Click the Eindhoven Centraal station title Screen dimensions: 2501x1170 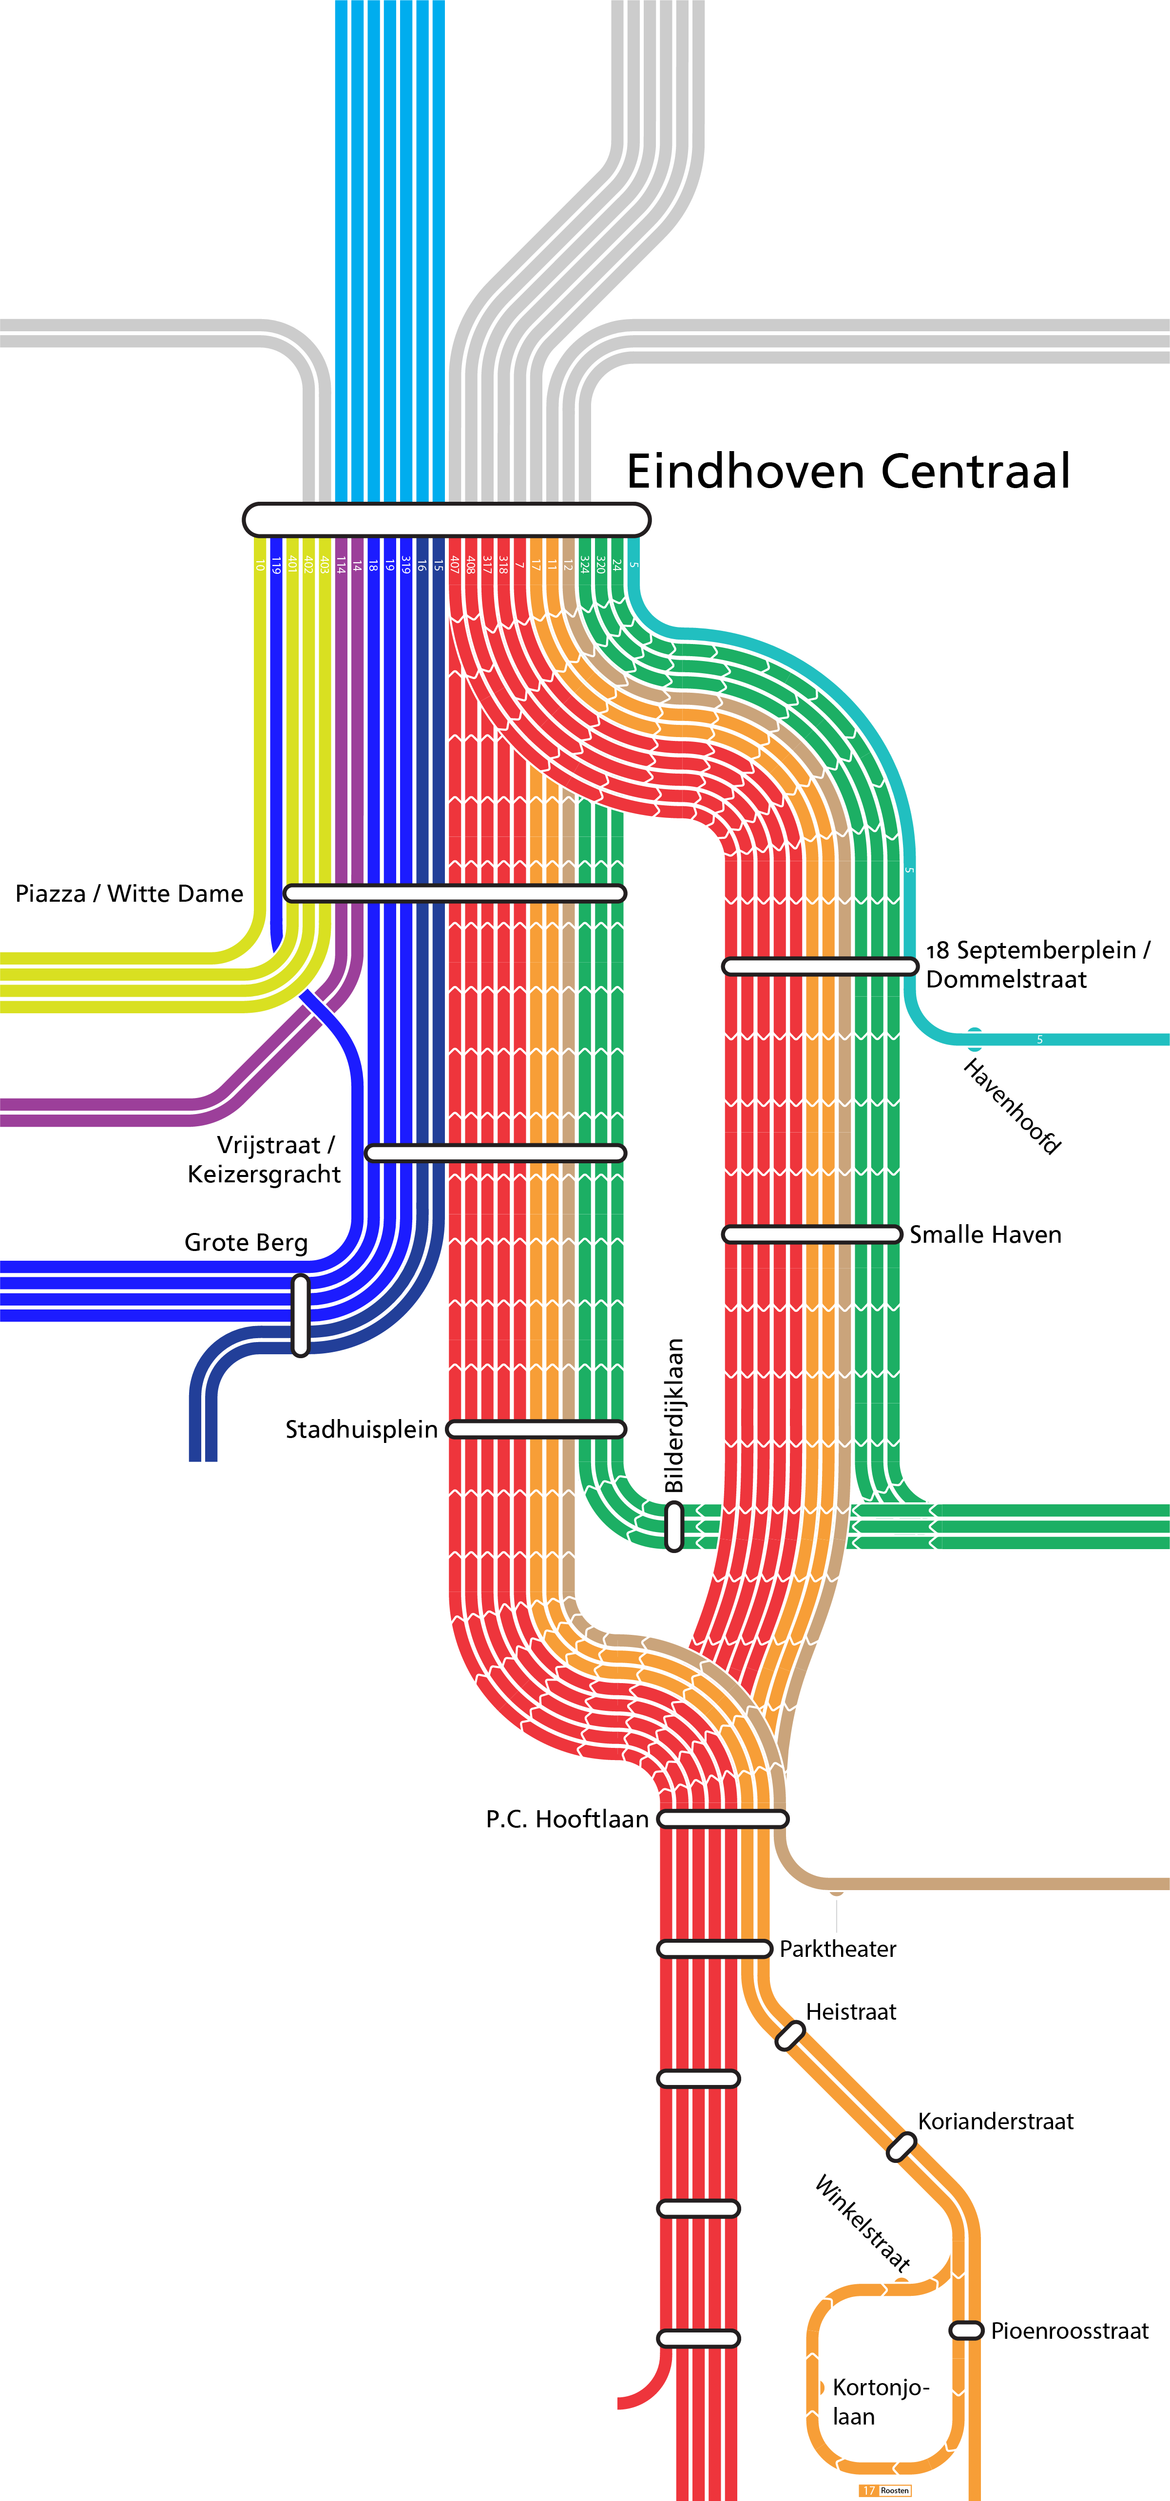[847, 472]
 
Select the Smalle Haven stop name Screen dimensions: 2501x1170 [984, 1235]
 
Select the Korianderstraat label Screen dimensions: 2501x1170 [995, 2122]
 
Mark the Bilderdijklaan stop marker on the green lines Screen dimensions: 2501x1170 [674, 1526]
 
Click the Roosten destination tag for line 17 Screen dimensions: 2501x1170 [885, 2490]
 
